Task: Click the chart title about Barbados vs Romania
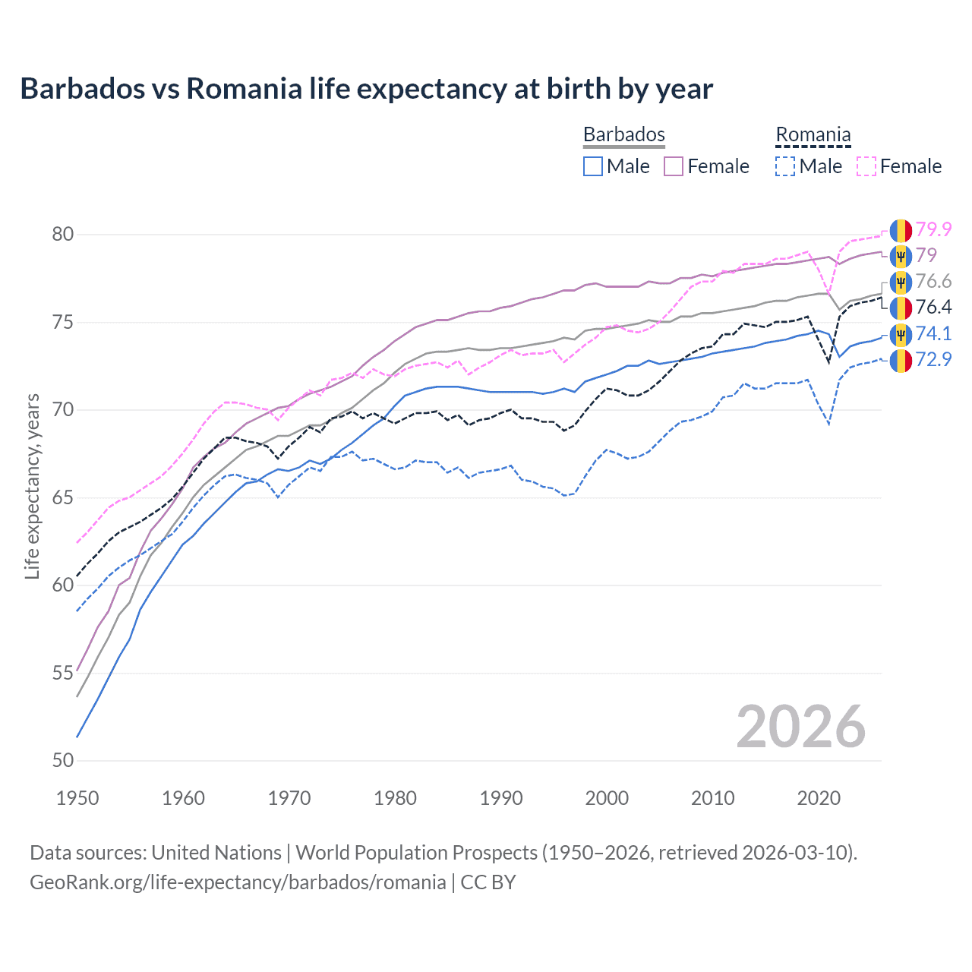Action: [x=366, y=89]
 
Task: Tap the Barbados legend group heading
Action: [x=623, y=134]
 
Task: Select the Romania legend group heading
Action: [x=813, y=134]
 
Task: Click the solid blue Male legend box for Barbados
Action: [x=593, y=166]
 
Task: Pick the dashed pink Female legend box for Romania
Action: [x=866, y=166]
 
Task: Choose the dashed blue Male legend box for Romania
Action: [x=785, y=166]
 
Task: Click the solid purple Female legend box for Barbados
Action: [x=674, y=166]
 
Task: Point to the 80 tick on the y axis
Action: [x=63, y=235]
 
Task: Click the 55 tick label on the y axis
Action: [x=63, y=673]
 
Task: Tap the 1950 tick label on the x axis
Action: [x=77, y=798]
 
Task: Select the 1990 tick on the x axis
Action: [x=501, y=798]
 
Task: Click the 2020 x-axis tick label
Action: [x=819, y=798]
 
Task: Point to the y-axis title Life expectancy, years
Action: [x=32, y=486]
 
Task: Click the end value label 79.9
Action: [x=933, y=229]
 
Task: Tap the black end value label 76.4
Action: [x=933, y=307]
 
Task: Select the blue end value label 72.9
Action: [x=933, y=359]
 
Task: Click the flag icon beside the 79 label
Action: [x=901, y=256]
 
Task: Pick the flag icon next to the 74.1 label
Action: [x=901, y=334]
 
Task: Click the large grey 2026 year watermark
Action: [x=800, y=727]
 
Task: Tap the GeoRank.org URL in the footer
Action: [x=238, y=882]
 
